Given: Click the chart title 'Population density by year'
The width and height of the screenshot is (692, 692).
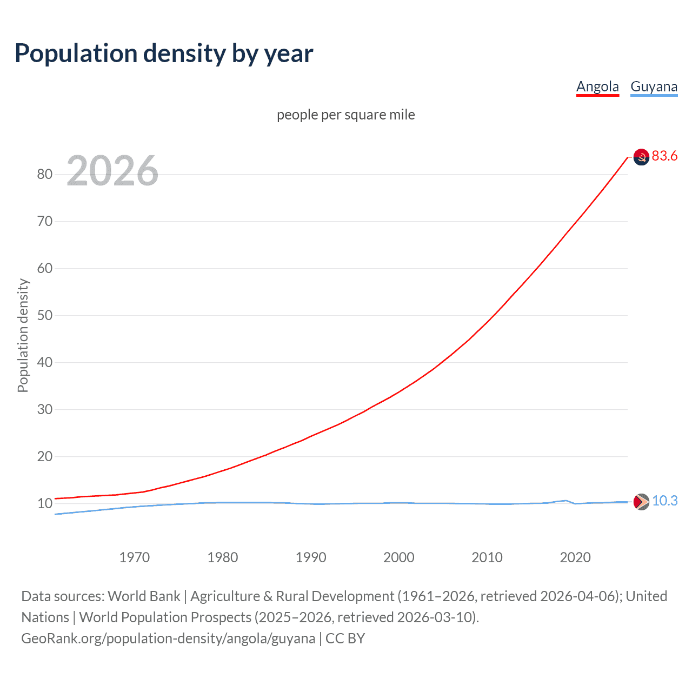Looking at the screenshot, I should (164, 54).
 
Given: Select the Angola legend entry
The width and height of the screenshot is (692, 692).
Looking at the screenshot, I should (597, 86).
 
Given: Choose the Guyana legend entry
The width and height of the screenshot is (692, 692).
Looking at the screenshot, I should (654, 86).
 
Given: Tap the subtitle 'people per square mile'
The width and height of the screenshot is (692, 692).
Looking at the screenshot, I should (345, 115).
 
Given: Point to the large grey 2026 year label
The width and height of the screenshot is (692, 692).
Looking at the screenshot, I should (112, 171).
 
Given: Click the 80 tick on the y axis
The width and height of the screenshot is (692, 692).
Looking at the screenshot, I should (45, 174).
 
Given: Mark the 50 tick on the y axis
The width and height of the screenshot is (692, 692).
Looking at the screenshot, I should (45, 315).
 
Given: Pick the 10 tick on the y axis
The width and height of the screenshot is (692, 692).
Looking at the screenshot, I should (45, 503).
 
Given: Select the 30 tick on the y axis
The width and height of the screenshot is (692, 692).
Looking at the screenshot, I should (45, 409).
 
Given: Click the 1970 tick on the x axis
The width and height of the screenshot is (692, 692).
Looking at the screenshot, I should (134, 557).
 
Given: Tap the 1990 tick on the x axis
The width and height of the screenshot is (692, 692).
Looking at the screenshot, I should (311, 557).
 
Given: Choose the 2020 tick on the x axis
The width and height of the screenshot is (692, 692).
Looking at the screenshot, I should (575, 557).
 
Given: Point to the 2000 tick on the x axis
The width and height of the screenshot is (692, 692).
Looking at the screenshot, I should (399, 557).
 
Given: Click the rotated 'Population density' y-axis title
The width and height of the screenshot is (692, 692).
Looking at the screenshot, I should (23, 335).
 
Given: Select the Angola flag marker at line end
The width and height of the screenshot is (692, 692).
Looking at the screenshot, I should (641, 157).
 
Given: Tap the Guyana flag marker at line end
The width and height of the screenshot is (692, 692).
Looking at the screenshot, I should (641, 502).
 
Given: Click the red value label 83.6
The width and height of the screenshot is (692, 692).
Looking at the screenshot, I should (664, 156).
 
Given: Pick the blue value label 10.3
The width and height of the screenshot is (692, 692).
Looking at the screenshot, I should (664, 501).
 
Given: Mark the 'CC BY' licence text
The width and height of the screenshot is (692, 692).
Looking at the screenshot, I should (345, 638).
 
